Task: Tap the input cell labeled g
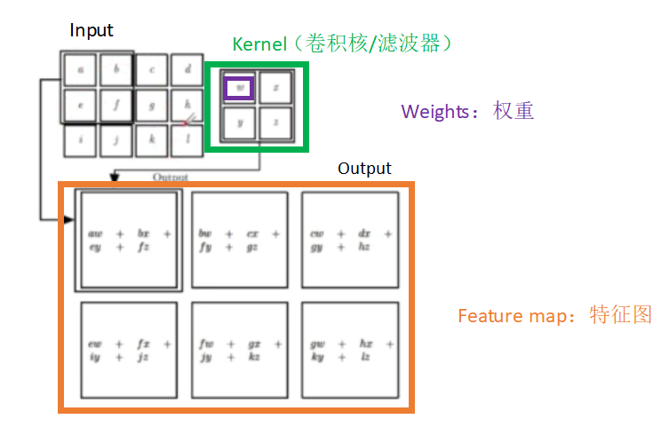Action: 152,104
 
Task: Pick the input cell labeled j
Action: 116,140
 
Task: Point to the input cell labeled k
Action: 152,140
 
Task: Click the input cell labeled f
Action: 116,104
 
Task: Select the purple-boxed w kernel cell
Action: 239,88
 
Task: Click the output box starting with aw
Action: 129,240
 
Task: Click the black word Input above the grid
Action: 92,30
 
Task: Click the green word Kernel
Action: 259,43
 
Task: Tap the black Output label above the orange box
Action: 364,168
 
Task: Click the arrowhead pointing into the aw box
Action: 68,217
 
